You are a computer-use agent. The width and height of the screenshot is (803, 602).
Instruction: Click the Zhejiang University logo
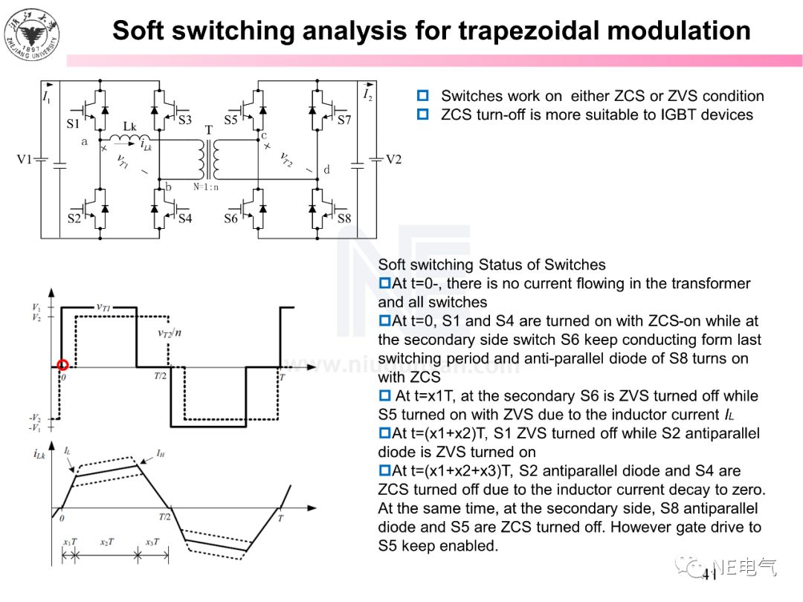[30, 33]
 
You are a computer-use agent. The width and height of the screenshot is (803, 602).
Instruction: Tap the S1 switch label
[73, 123]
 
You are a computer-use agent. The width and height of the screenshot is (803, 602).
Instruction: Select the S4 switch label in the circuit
[184, 219]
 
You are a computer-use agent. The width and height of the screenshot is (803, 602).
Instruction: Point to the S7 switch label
[344, 119]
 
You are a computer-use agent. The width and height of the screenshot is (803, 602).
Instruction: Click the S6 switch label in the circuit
[231, 219]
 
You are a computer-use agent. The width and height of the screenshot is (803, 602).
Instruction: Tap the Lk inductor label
[130, 126]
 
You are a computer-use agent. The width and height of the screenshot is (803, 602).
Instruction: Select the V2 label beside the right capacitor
[393, 159]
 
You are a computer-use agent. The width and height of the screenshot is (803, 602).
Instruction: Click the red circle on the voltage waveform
[62, 365]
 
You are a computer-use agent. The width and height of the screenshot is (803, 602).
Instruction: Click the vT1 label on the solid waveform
[104, 306]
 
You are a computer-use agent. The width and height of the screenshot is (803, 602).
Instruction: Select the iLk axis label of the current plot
[40, 453]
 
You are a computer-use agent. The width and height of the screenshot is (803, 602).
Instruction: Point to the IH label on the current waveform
[161, 451]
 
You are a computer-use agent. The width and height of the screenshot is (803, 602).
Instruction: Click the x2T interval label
[107, 542]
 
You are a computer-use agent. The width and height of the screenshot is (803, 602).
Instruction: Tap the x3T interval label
[152, 542]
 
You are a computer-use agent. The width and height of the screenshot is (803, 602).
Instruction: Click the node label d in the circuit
[326, 169]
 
